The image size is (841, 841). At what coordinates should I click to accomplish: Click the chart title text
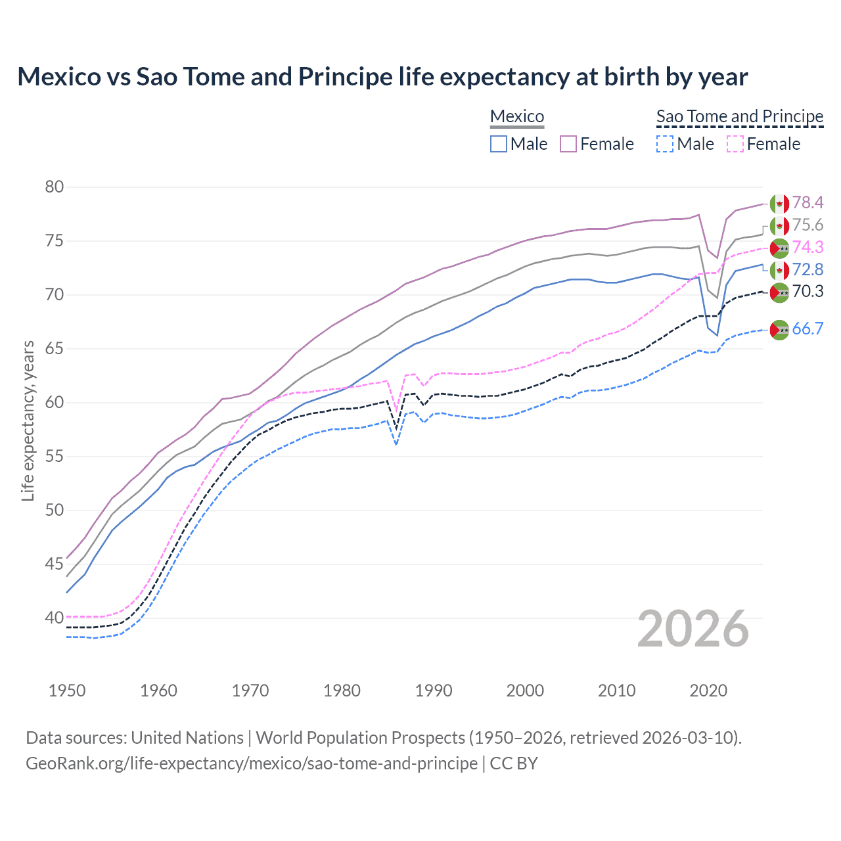[x=382, y=77]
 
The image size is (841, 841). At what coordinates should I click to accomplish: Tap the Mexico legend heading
[x=517, y=116]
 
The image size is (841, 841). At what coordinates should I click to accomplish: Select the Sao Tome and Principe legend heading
[x=740, y=116]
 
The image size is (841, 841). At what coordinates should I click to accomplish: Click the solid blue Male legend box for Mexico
[x=499, y=144]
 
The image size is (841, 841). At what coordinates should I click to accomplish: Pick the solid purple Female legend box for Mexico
[x=568, y=144]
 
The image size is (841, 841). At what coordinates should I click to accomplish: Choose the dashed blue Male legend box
[x=665, y=144]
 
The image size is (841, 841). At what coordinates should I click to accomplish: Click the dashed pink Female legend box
[x=735, y=144]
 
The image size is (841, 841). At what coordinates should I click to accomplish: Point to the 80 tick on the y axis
[x=55, y=187]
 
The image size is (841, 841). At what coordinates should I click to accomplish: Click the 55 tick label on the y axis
[x=55, y=457]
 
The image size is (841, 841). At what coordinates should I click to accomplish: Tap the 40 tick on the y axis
[x=55, y=618]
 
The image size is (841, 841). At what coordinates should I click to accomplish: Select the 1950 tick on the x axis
[x=67, y=691]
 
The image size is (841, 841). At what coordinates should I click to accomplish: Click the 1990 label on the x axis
[x=434, y=691]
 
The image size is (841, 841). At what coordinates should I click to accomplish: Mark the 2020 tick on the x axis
[x=708, y=691]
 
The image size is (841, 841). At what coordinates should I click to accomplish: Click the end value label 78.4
[x=807, y=202]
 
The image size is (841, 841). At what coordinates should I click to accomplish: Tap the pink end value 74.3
[x=807, y=247]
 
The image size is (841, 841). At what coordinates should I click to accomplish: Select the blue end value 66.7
[x=807, y=329]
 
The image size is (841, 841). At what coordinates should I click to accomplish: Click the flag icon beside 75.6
[x=779, y=225]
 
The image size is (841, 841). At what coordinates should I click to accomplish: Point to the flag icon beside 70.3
[x=779, y=292]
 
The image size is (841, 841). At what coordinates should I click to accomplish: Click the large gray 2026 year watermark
[x=693, y=629]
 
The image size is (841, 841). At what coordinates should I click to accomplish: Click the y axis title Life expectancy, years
[x=28, y=421]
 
